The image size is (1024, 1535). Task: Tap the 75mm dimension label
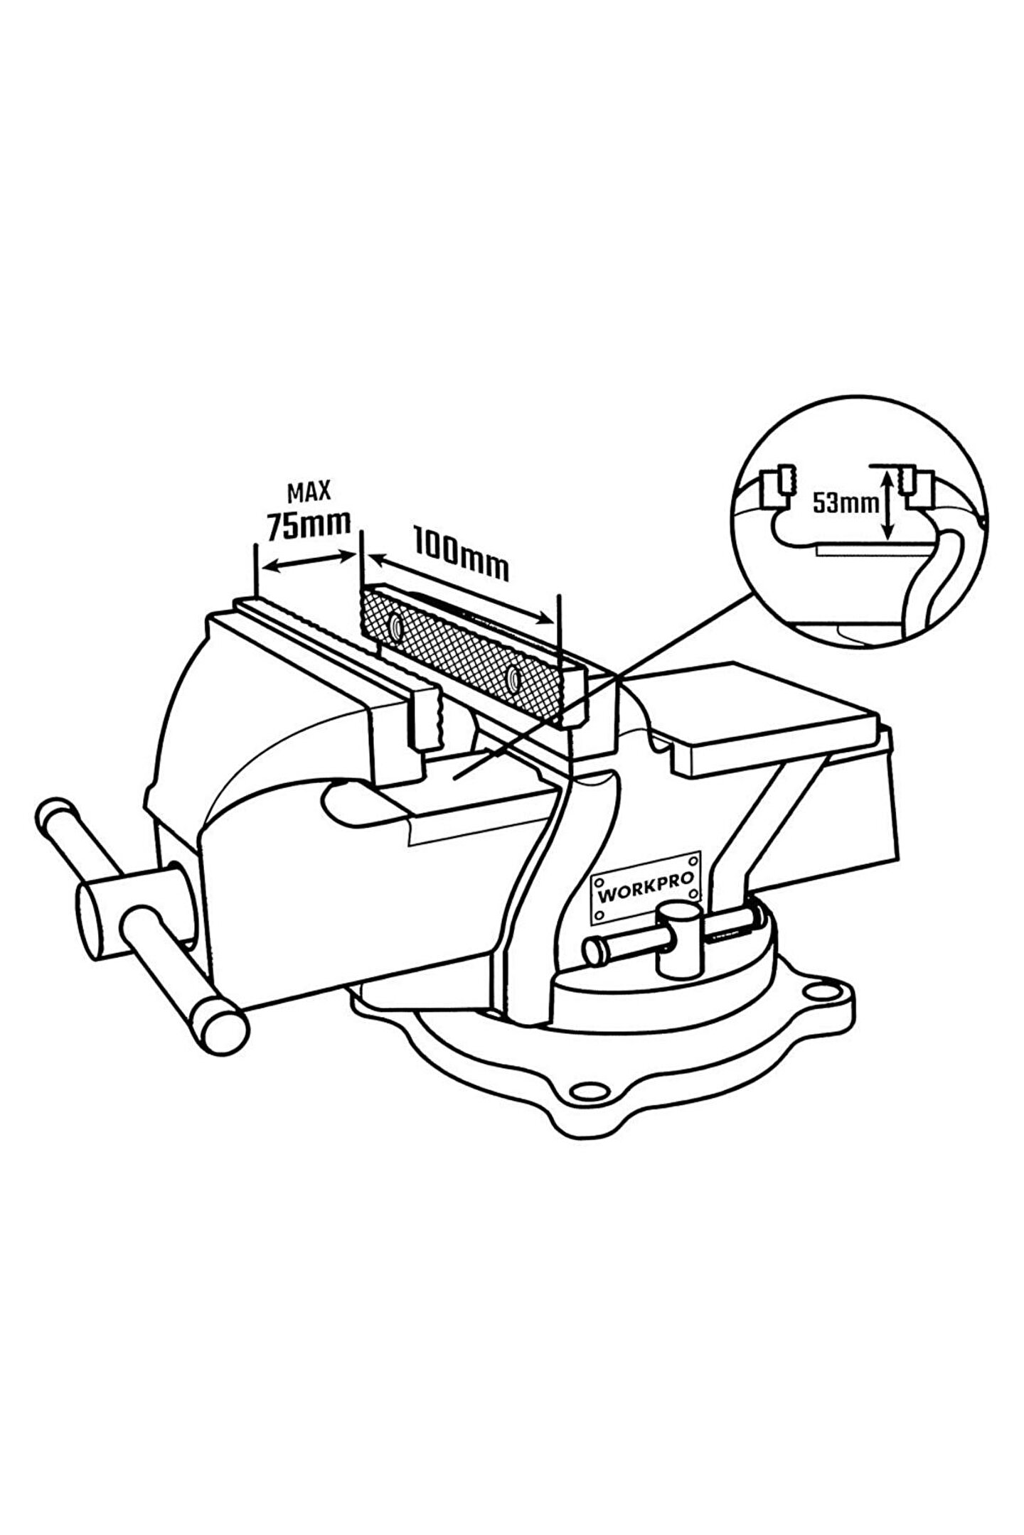click(x=308, y=525)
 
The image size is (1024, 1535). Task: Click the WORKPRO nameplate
click(x=645, y=888)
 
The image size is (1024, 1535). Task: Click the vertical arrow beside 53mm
click(x=887, y=506)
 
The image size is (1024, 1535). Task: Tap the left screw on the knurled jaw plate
click(x=395, y=625)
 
